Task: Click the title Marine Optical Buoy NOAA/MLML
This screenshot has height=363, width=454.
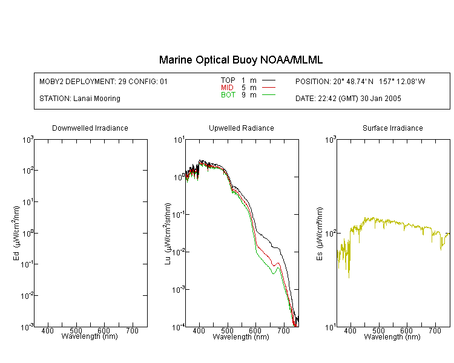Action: [x=240, y=60]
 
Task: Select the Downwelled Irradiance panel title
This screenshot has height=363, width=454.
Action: [x=90, y=128]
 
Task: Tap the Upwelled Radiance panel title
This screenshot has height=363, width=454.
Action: [x=242, y=128]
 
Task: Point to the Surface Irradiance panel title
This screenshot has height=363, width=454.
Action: [x=393, y=128]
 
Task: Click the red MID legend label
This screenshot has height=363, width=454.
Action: [x=227, y=87]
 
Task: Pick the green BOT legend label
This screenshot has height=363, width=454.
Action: [x=228, y=95]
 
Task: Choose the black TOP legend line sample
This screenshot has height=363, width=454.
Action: [x=269, y=80]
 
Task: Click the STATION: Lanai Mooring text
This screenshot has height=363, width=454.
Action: [x=80, y=99]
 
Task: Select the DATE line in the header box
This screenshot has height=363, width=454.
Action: [x=348, y=99]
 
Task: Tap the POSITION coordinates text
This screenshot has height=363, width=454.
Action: [x=360, y=82]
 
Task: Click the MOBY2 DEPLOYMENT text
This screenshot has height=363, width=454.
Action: [x=104, y=82]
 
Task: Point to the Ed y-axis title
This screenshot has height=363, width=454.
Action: [x=16, y=233]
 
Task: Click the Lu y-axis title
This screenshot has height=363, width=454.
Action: [x=168, y=234]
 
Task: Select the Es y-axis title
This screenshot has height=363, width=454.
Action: [x=319, y=234]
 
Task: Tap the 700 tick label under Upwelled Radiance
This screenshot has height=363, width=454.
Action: [x=283, y=330]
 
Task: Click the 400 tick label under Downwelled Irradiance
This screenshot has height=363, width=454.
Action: [x=47, y=330]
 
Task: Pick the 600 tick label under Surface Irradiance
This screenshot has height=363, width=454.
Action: [x=406, y=330]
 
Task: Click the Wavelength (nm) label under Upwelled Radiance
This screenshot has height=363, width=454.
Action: [x=241, y=336]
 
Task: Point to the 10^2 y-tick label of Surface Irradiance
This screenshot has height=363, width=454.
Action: [x=330, y=234]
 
